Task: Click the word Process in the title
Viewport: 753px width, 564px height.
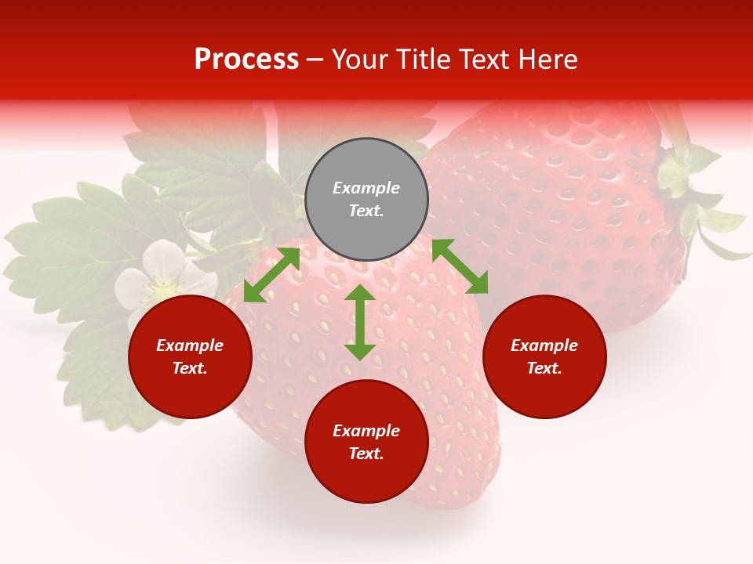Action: coord(246,60)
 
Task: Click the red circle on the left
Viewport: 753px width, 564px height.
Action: coord(190,392)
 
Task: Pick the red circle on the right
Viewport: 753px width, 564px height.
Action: coord(544,392)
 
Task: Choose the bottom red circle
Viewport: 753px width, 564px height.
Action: coord(366,478)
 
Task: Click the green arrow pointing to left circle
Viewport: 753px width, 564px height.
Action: coord(271,275)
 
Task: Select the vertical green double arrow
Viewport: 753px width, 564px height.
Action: coord(360,322)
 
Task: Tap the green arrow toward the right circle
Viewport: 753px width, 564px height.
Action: coord(460,266)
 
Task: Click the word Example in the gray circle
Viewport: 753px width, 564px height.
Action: coord(366,188)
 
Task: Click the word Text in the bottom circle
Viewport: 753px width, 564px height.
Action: coord(366,454)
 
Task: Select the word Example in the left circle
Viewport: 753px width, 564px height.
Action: coord(190,345)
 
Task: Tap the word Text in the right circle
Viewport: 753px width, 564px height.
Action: coord(544,368)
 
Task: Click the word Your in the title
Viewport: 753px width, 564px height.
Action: coord(358,60)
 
